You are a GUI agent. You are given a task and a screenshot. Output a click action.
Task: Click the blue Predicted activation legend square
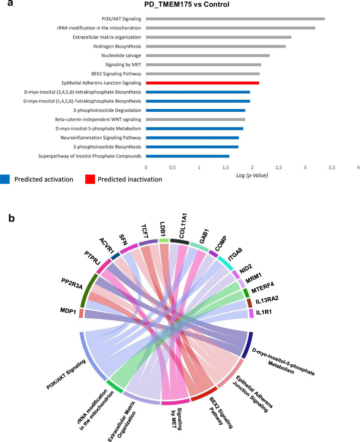coord(6,179)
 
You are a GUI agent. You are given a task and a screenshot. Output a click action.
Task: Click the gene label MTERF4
coord(264,287)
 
